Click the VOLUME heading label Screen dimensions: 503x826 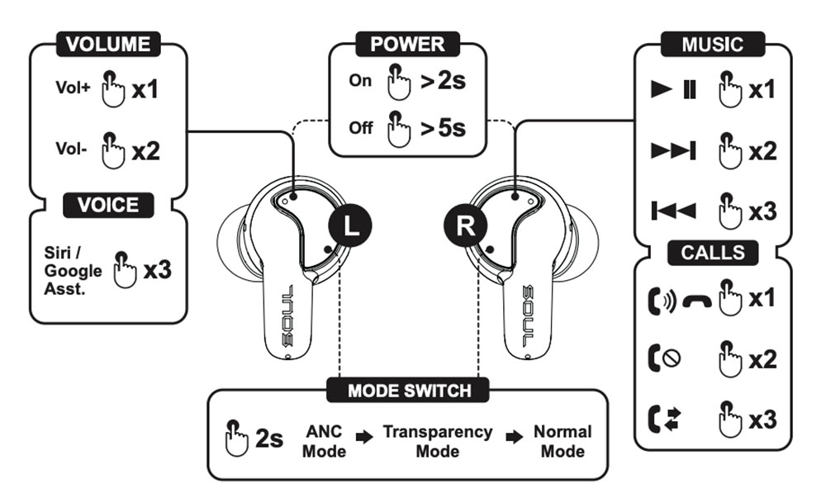(x=107, y=44)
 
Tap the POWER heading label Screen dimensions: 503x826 (x=407, y=44)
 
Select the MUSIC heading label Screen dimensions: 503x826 (x=712, y=44)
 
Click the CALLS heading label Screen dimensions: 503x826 (x=712, y=252)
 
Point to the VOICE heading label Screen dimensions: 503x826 (x=108, y=205)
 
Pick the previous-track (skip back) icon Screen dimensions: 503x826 (x=674, y=211)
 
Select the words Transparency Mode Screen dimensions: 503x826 (x=437, y=441)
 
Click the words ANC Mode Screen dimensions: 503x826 (x=324, y=441)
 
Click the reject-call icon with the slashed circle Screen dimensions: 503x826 (x=662, y=359)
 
